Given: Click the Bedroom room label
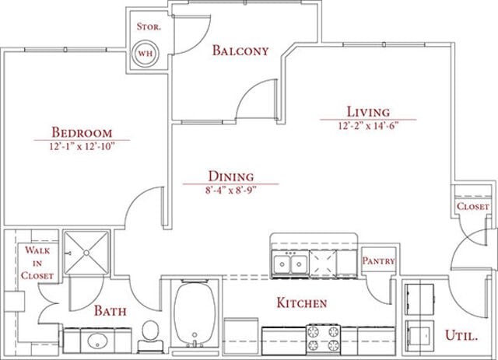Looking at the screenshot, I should [x=82, y=132].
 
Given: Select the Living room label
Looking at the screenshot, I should [x=369, y=112].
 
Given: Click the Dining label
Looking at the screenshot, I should [x=230, y=177].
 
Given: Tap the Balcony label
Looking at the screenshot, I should [x=240, y=51].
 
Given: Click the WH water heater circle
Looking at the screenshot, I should [x=145, y=54].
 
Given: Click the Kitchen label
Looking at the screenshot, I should [x=302, y=302].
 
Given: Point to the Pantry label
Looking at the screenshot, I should [x=379, y=262].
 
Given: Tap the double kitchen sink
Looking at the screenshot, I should [x=289, y=264].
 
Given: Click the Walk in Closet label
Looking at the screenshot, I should [x=38, y=263].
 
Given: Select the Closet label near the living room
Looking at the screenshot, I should [x=472, y=207].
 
